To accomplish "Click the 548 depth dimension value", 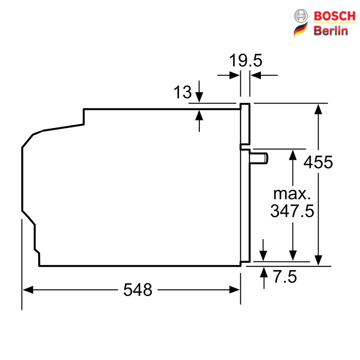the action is coord(138,290).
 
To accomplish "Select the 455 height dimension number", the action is coord(318,162).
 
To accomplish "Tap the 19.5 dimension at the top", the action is coord(246,60).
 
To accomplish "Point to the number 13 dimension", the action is coord(183,92).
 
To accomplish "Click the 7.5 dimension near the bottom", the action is coord(285,277).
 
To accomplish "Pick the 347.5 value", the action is coord(292,211).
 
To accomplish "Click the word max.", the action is coord(292,194).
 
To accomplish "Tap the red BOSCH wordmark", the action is coord(334,16).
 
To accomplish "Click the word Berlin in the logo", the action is coord(331,31).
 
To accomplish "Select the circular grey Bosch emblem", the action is coord(301,16).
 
